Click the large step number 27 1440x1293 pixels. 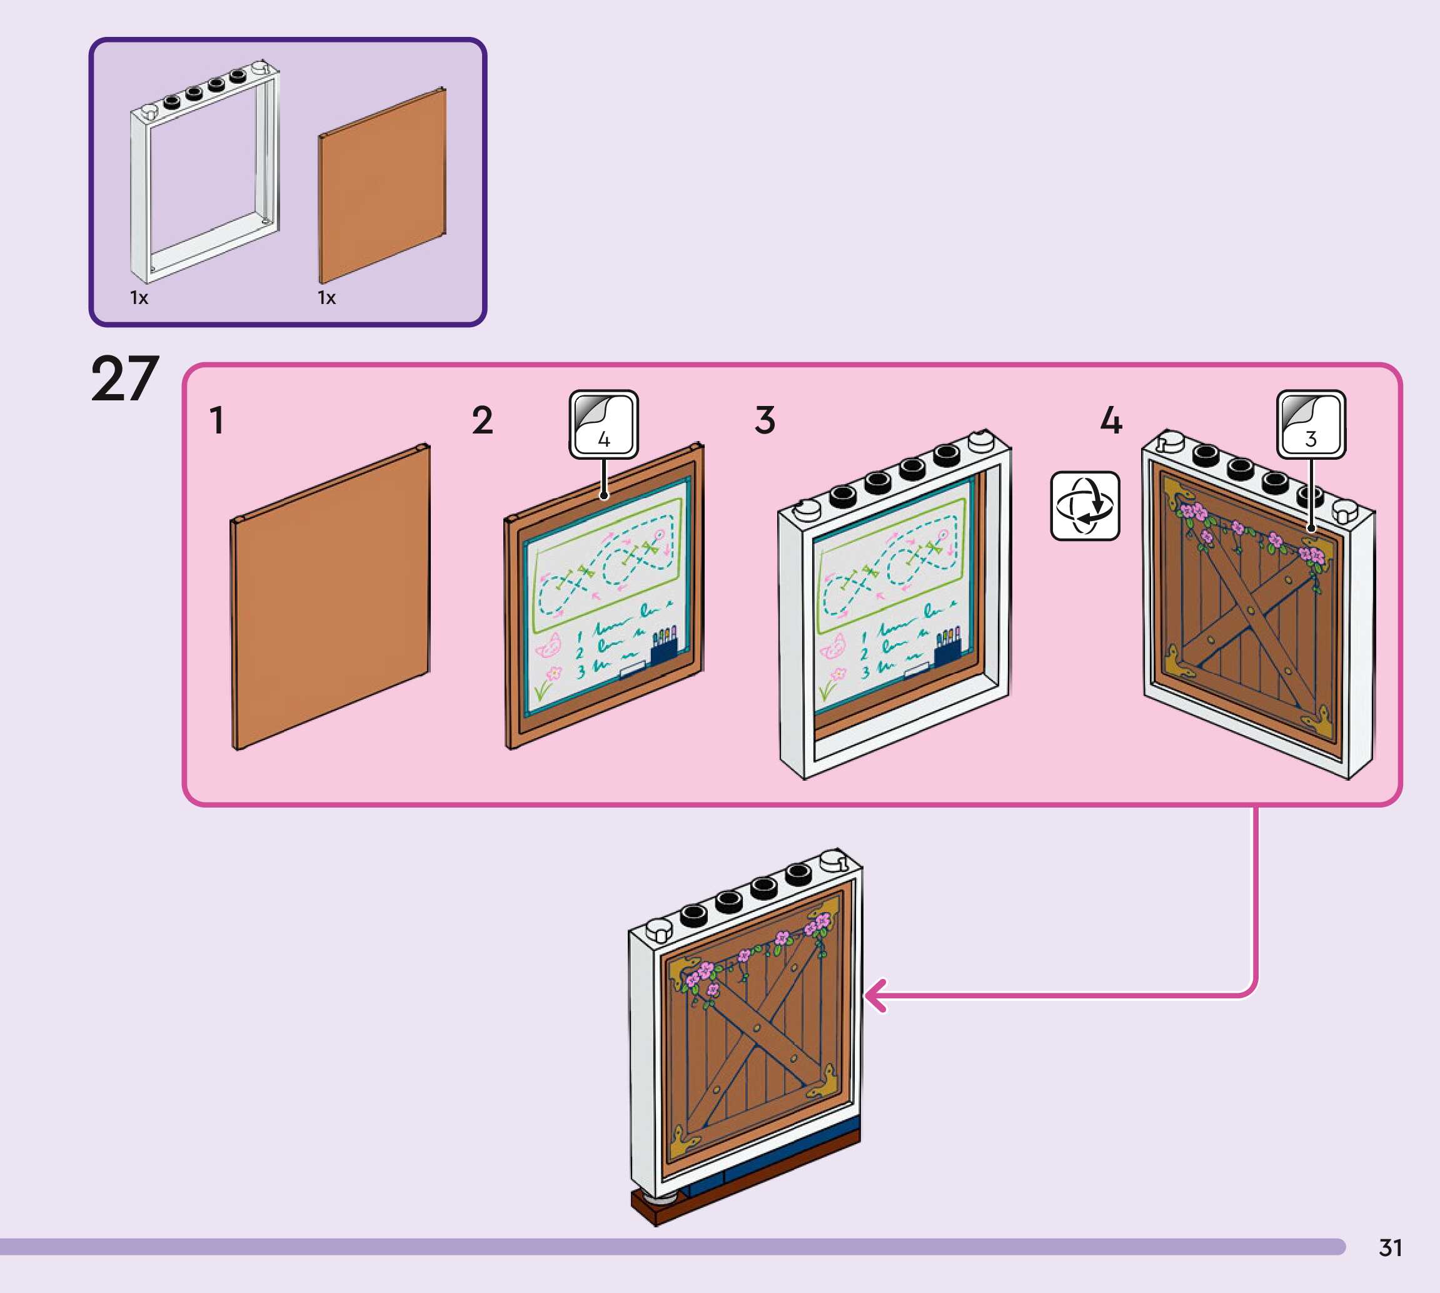tap(125, 380)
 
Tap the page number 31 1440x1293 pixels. tap(1391, 1247)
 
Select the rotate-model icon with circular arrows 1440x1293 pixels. tap(1084, 506)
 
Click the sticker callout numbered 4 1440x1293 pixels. tap(603, 424)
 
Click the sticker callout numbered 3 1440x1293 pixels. tap(1311, 424)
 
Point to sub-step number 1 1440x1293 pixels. tap(217, 420)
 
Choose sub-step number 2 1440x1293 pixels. tap(482, 420)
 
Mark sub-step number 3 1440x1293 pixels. tap(765, 420)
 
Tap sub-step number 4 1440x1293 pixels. tap(1111, 420)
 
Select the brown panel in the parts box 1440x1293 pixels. tap(382, 186)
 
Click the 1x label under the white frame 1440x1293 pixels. tap(139, 298)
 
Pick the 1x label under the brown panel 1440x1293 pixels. tap(326, 298)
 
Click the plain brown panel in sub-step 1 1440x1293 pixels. tap(331, 597)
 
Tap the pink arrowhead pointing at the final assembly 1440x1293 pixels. tap(875, 995)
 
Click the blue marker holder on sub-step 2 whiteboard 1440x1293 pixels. tap(664, 648)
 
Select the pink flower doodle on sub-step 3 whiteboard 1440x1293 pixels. tap(838, 673)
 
